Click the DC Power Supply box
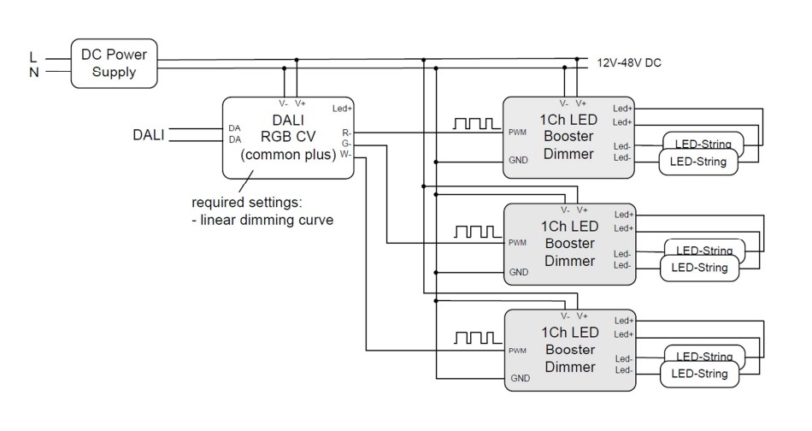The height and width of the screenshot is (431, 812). (114, 63)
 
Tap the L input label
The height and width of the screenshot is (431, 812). (33, 57)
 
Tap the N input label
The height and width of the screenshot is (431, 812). (33, 72)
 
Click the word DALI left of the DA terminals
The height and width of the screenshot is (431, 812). (150, 134)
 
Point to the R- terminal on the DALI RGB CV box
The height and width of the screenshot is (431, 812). (346, 133)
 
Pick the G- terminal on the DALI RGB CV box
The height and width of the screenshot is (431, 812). (346, 145)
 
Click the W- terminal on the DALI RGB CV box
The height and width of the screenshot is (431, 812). (345, 156)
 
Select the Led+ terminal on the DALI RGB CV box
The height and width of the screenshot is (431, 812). (342, 109)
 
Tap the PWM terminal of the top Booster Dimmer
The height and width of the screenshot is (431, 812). (517, 133)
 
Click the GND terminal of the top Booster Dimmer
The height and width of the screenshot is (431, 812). (519, 161)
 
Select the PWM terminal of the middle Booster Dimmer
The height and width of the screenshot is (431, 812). (517, 243)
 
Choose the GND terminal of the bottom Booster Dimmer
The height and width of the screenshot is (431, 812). (519, 378)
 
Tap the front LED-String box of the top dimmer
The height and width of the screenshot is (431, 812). (697, 161)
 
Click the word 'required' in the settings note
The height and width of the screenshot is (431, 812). (217, 204)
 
